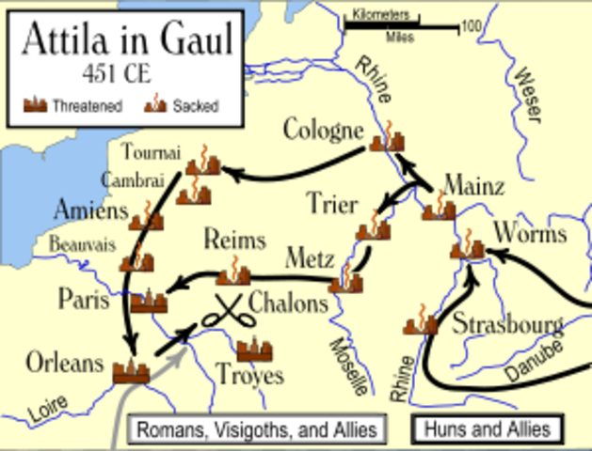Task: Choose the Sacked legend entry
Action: (184, 106)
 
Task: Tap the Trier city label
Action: (331, 203)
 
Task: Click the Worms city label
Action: (530, 233)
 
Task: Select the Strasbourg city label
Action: (507, 326)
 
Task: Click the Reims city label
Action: (234, 240)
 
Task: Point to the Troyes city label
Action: (249, 376)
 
